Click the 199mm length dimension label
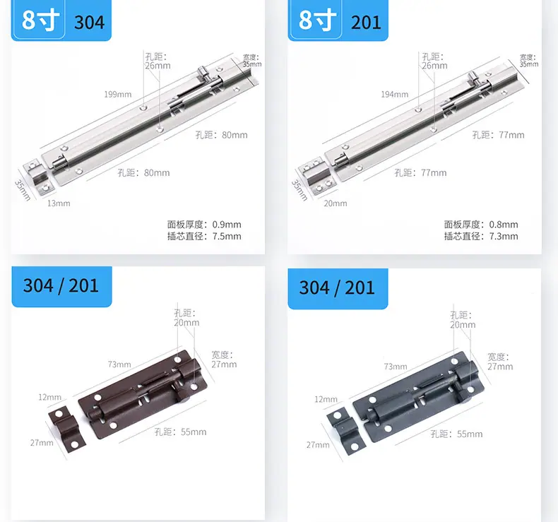(118, 94)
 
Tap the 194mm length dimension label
(395, 94)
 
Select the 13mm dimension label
(59, 203)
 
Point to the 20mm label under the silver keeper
(336, 203)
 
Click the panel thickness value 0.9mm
(227, 225)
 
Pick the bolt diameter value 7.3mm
(504, 236)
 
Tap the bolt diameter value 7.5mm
(227, 236)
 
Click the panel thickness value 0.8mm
(504, 225)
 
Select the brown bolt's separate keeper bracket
(67, 428)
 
